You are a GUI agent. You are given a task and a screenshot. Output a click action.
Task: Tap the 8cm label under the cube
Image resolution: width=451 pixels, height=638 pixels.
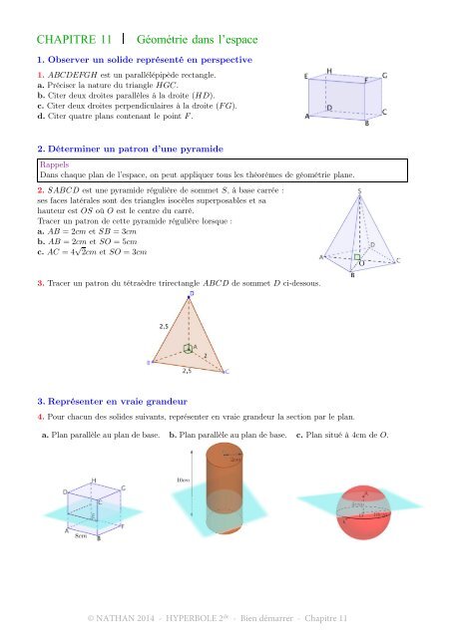[x=83, y=536]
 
